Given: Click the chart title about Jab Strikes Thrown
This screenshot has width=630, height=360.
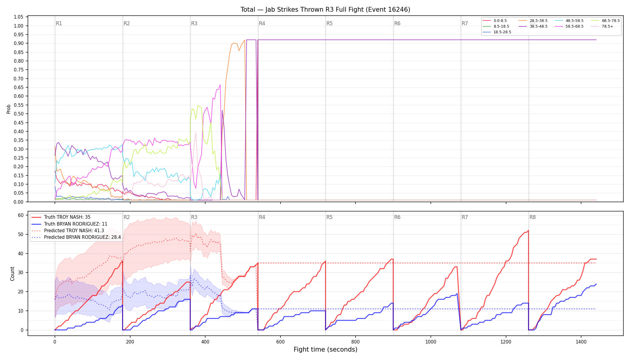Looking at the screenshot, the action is coord(325,10).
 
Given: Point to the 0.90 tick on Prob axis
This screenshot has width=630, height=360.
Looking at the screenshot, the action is coord(19,43).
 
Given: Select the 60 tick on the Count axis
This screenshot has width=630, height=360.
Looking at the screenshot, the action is coord(21,215).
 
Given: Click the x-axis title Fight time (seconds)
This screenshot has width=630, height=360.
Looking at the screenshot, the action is coord(325,349).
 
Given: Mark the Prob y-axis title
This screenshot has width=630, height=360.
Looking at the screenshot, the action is coord(8,109).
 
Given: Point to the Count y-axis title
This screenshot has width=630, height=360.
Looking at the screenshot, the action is coord(12,274).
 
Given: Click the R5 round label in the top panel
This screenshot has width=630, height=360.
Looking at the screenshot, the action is coord(329,23).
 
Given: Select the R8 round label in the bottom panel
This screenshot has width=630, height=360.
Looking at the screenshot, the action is coord(532,217).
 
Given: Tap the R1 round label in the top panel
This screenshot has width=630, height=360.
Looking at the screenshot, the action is coord(59,23).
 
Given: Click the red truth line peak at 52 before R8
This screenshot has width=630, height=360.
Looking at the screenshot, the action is coord(528,230).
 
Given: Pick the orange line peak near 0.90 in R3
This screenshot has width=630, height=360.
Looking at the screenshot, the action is coord(245,40).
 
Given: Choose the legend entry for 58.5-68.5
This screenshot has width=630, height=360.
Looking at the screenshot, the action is coord(574,26).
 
